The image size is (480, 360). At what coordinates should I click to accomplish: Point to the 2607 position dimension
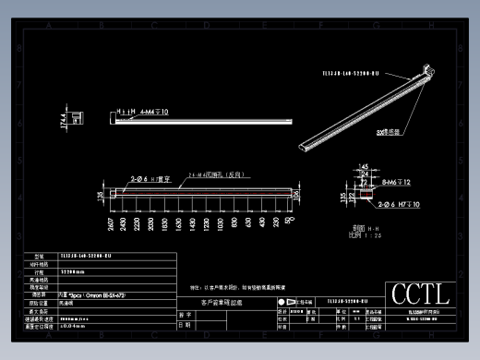click(111, 223)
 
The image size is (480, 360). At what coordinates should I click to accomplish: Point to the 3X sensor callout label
click(387, 132)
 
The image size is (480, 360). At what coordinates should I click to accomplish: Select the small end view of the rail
click(79, 116)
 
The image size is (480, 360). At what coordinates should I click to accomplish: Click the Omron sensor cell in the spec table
click(92, 294)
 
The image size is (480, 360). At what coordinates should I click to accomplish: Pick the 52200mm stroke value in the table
click(73, 273)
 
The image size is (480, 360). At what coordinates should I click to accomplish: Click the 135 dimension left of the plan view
click(100, 195)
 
